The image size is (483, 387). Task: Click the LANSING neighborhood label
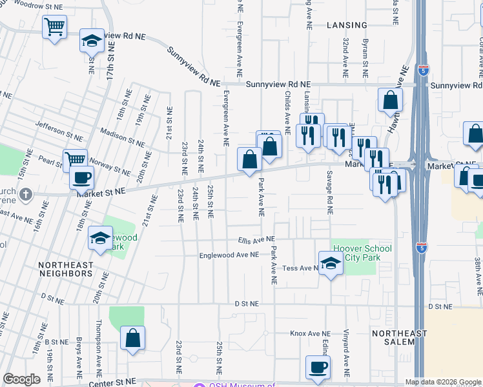click(347, 25)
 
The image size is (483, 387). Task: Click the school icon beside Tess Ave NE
click(331, 263)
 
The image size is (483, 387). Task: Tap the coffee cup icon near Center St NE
click(317, 368)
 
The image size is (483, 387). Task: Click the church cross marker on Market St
click(25, 194)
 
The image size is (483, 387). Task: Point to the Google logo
click(22, 379)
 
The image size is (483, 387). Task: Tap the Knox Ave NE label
click(306, 333)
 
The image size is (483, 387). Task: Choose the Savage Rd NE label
click(329, 193)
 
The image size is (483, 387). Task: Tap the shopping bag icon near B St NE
click(132, 339)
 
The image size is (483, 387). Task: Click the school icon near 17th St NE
click(92, 41)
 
